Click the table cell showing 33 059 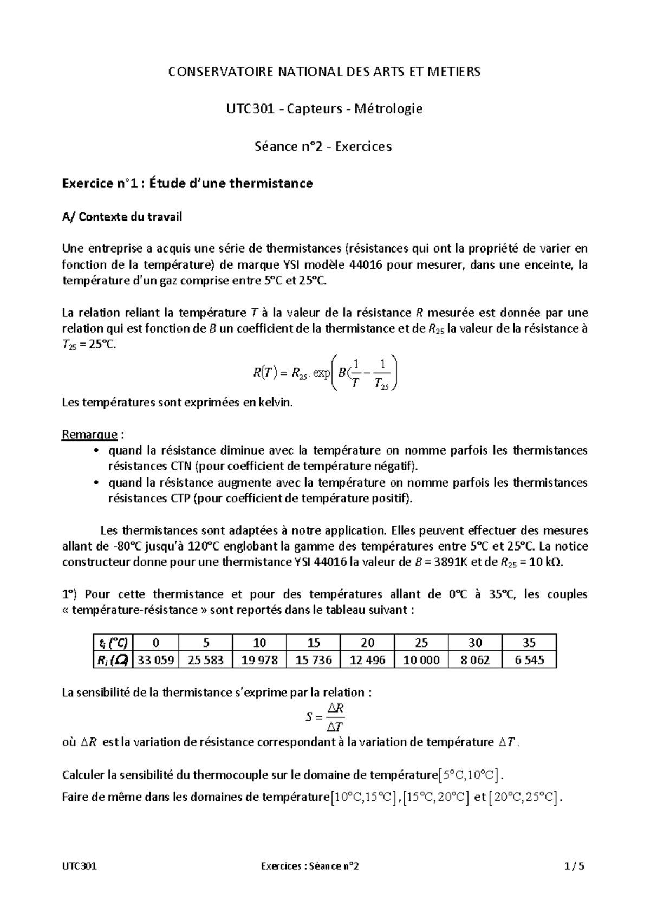click(x=156, y=659)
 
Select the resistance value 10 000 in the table click(x=421, y=659)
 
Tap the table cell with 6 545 click(x=529, y=659)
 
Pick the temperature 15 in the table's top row click(x=314, y=643)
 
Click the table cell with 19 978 click(x=259, y=659)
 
